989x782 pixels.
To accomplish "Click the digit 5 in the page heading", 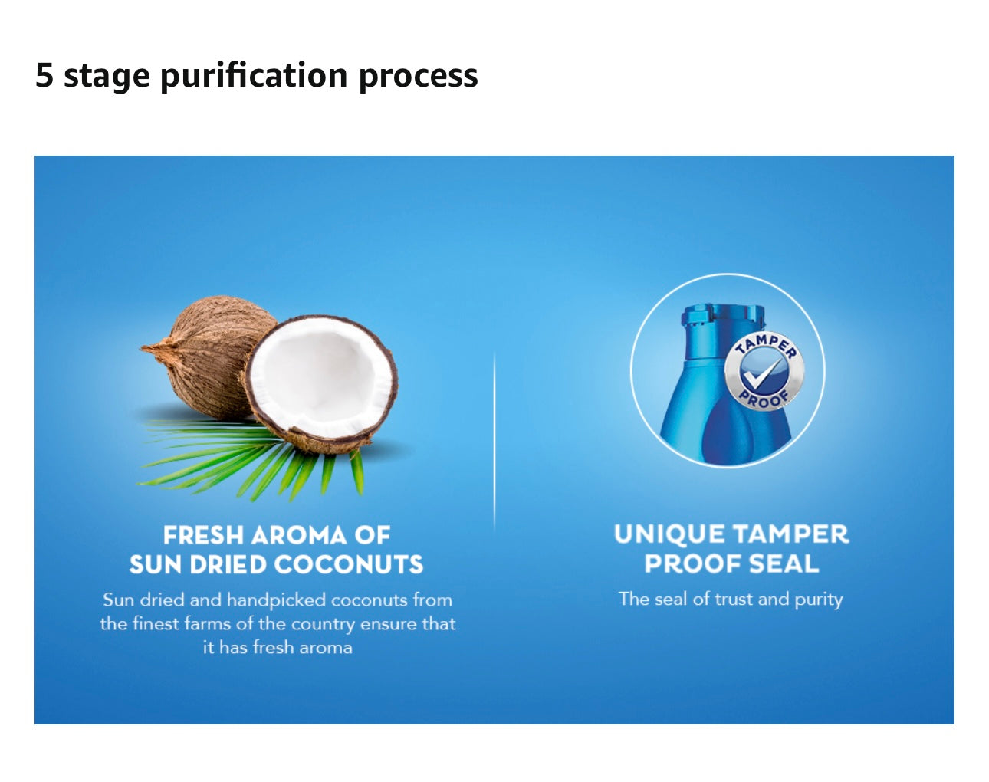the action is click(44, 75).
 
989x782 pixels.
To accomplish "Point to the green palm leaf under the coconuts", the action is click(248, 460).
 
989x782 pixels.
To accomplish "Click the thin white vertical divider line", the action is click(495, 442).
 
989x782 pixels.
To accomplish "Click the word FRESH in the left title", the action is click(203, 536).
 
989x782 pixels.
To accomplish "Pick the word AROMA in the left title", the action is click(299, 536).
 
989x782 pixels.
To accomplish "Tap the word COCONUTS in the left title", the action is click(350, 564).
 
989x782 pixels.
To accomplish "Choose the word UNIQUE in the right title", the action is click(669, 534).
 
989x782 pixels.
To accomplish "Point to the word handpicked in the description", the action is click(276, 601).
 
